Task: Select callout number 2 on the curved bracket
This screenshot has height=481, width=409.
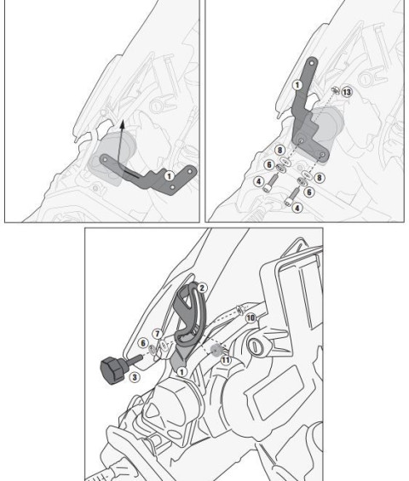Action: coord(202,289)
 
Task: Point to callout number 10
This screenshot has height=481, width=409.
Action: coord(251,317)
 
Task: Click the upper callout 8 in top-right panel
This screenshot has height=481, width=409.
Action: coord(280,149)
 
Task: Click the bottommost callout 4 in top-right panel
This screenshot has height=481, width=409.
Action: coord(297,208)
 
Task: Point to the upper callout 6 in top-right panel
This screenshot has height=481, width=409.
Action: coord(268,164)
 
